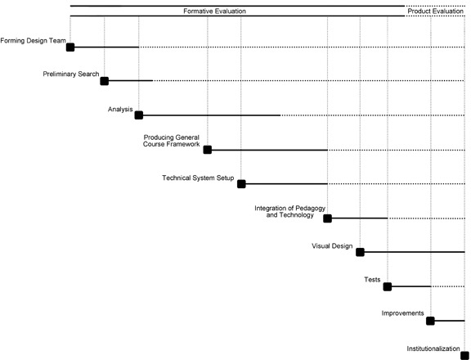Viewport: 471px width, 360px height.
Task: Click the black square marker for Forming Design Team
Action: tap(70, 47)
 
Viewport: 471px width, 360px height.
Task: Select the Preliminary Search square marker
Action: tap(104, 81)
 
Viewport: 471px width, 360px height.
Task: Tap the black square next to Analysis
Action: tap(139, 115)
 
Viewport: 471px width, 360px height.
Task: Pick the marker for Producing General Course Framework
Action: tap(207, 150)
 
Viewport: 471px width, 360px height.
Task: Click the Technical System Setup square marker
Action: tap(241, 184)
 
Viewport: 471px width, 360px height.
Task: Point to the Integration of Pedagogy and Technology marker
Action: tap(327, 218)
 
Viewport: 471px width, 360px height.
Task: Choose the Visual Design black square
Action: tap(360, 252)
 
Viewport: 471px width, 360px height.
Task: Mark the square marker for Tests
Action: tap(388, 286)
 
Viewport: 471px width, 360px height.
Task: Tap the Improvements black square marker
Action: tap(430, 321)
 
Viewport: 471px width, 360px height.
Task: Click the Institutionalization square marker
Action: tap(465, 355)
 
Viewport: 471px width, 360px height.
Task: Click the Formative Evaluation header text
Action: tap(214, 11)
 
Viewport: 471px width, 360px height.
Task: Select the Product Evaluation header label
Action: tap(435, 11)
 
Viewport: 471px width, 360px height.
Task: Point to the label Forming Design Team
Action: tap(33, 41)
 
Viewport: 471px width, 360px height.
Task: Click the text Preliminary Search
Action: tap(71, 74)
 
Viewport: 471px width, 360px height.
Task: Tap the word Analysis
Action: tap(120, 110)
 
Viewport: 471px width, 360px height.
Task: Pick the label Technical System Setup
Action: tap(198, 178)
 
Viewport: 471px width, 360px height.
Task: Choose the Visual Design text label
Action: tap(332, 246)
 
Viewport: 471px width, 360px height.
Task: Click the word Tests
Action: tap(372, 280)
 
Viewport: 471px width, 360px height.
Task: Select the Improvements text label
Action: tap(402, 313)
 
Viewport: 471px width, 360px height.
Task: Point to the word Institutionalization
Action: tap(433, 349)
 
